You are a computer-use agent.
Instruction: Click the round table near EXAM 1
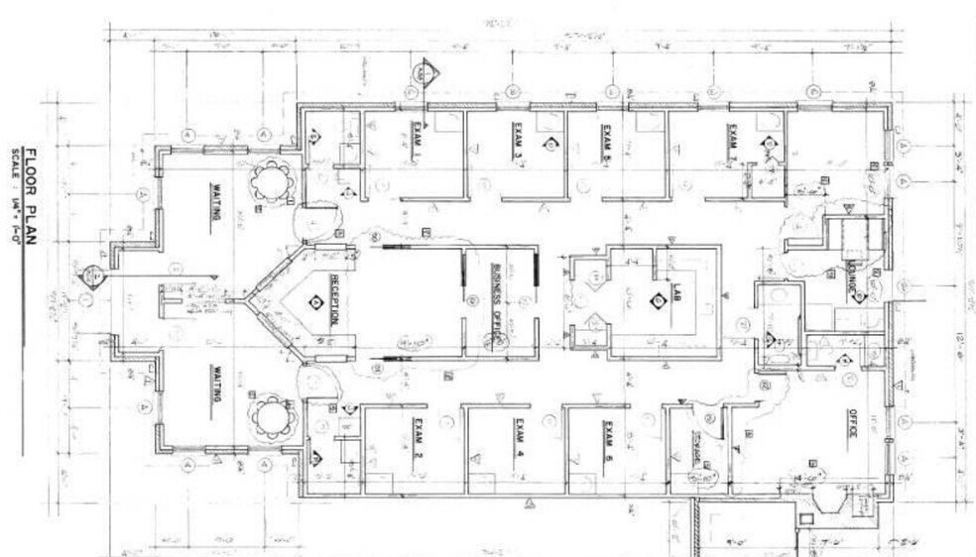270,180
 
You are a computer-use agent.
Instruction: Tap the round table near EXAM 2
270,417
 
